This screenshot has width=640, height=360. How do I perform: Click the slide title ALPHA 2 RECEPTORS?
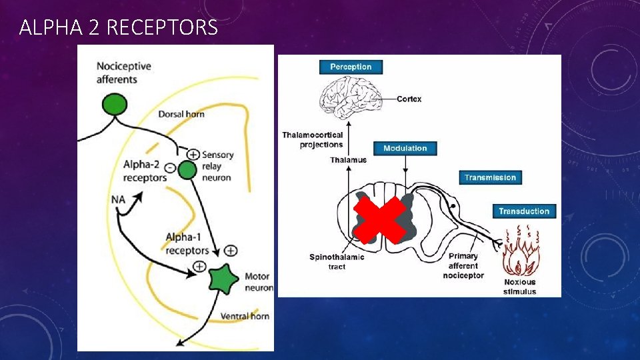[x=119, y=27]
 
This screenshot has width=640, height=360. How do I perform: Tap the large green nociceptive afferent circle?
[x=114, y=104]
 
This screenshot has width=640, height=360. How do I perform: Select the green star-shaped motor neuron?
[x=223, y=279]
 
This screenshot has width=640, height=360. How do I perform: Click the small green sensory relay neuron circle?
[x=187, y=170]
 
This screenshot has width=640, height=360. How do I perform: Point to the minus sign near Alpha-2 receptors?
[x=170, y=168]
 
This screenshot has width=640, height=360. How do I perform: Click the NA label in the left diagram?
[x=119, y=199]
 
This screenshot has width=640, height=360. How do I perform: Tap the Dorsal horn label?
[x=181, y=114]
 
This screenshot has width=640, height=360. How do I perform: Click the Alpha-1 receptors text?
[x=187, y=244]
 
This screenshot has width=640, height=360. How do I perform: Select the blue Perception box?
[x=351, y=67]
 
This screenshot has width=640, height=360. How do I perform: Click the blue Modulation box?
[x=405, y=148]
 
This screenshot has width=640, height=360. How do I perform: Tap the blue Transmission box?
[x=490, y=177]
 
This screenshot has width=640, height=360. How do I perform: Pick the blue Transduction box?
[x=524, y=211]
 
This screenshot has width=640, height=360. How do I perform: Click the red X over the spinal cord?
[x=380, y=219]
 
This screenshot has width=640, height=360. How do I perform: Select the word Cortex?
[x=409, y=99]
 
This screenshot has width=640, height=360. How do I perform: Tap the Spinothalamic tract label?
[x=337, y=261]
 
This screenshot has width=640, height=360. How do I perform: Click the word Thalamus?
[x=348, y=160]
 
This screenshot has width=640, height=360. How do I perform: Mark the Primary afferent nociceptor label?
[x=463, y=265]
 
